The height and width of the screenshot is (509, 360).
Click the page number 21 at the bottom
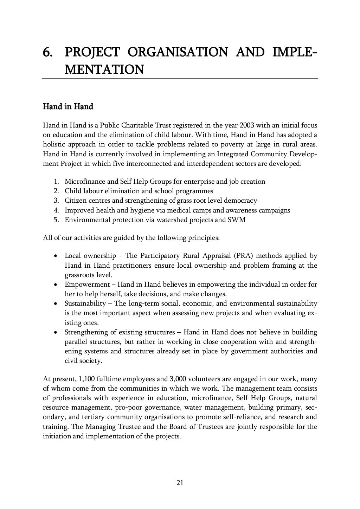[x=180, y=483]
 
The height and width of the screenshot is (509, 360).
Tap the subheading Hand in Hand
[x=68, y=106]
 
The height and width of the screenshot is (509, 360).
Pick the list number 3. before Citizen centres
[x=56, y=201]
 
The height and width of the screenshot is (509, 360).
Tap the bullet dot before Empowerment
[x=56, y=285]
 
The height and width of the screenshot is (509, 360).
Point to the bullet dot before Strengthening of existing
[x=56, y=332]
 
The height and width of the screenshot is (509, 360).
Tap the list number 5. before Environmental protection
[x=56, y=220]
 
